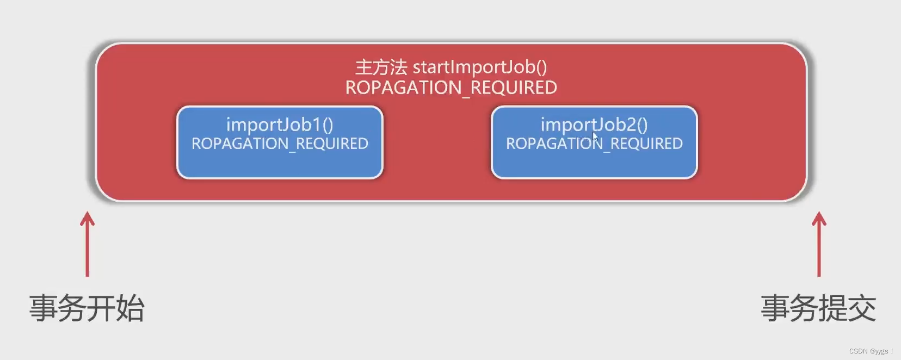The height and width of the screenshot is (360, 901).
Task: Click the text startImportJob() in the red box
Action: point(480,67)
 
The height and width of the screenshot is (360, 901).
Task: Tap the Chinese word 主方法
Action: point(381,67)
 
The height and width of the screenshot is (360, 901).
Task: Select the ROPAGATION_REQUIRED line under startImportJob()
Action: point(451,88)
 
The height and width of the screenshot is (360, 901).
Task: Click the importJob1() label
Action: point(280,125)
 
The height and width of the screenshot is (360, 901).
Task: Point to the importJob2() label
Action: point(594,125)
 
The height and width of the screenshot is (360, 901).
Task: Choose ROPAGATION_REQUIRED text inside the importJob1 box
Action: point(280,144)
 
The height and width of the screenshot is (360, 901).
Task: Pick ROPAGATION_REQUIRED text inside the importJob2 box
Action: point(594,144)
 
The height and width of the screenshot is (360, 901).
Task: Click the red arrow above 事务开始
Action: point(87,245)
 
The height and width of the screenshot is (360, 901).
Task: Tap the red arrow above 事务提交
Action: point(819,245)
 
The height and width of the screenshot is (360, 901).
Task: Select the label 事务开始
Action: point(87,308)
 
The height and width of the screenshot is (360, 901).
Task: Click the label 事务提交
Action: point(818,308)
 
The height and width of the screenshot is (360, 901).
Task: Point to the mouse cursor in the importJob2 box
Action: point(595,136)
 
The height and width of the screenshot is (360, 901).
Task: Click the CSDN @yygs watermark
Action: point(871,351)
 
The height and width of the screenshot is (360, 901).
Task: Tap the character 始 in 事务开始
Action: point(130,308)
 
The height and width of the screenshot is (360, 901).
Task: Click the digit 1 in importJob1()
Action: point(316,125)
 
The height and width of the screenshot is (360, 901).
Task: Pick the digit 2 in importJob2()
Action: point(631,125)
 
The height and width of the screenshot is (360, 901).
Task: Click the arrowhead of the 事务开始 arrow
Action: point(87,218)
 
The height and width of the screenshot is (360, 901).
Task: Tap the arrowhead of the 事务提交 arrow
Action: point(819,218)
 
